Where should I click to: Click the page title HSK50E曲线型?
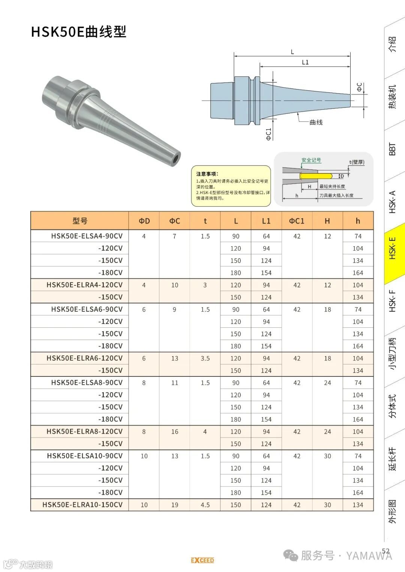pos(78,32)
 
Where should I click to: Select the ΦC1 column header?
pos(297,221)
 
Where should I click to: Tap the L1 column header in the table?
pos(266,221)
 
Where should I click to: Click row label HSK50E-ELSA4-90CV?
pos(87,236)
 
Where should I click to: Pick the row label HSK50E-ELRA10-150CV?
pos(82,505)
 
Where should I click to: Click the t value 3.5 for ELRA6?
pos(205,358)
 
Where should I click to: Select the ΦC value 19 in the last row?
pos(175,505)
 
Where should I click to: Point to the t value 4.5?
pos(205,505)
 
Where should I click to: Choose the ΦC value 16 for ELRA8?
pos(175,432)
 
